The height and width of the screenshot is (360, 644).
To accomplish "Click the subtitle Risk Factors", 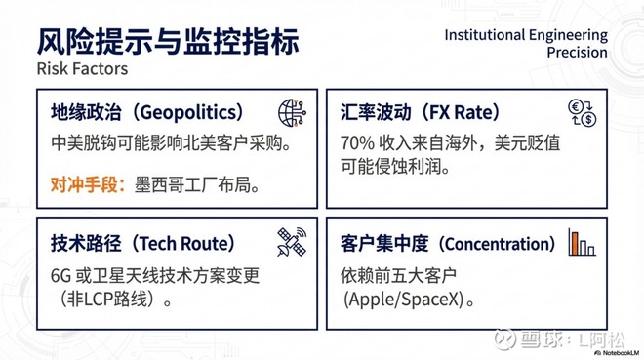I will pos(82,70).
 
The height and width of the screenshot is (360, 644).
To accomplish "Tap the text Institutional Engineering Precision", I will pos(526,44).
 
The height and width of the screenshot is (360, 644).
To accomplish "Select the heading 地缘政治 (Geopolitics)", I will pos(146,112).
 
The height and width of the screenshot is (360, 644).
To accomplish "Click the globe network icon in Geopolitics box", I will pos(292,111).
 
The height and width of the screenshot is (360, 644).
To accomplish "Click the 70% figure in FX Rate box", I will pos(356,142).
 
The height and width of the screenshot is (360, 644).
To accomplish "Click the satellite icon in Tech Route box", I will pos(292,243).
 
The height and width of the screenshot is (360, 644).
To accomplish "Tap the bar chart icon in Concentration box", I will pos(581,243).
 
